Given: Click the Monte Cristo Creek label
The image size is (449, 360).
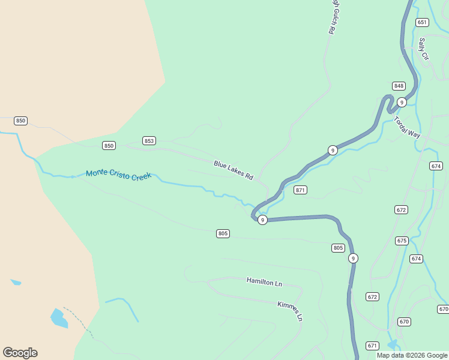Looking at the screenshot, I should pos(119,173).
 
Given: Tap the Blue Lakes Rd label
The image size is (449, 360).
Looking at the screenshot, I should pos(234,170).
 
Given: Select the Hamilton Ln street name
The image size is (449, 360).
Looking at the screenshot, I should pos(264,281).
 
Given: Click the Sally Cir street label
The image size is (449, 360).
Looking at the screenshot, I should pos(424,49).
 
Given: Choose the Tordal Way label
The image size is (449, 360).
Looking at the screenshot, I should pos(407,127).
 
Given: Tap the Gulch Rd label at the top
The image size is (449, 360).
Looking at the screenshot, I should pos(332,17).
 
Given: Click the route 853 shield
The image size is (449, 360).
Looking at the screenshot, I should pos(149,141).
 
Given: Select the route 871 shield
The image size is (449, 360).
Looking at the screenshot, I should pos(301,190).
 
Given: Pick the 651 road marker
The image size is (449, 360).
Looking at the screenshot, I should pos(422,22).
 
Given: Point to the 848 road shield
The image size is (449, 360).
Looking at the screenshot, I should pos(399,86).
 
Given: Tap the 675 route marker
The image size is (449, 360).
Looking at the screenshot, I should pos(402,241).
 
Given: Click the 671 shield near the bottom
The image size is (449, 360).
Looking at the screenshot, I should pos(373,346).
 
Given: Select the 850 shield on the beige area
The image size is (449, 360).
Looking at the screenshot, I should pos(21,121).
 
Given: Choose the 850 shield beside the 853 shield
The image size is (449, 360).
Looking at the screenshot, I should pos(109,146).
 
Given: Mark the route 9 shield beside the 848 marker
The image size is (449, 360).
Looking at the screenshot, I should pos(402,103).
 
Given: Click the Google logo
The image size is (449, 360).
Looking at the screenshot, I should pos(20,353).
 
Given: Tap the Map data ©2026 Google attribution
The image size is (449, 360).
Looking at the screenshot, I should pos(412,355).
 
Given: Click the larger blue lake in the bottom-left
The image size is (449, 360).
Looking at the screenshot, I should pos(58,318).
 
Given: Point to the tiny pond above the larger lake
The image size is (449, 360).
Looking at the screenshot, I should pos(16,282).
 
